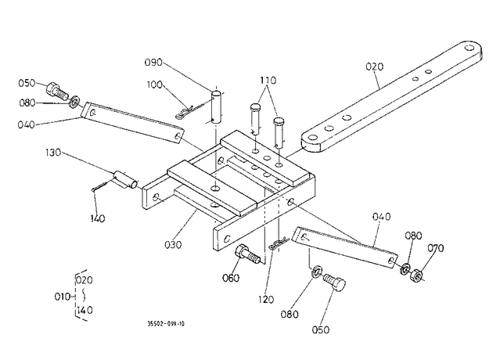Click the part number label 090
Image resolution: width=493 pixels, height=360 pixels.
[153, 63]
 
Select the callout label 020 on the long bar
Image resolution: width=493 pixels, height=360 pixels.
[375, 67]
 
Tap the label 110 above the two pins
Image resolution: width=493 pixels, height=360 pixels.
[268, 81]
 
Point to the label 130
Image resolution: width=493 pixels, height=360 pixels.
[53, 153]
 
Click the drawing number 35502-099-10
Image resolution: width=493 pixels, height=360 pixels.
[166, 324]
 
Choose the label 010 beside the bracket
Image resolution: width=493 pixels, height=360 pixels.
[63, 297]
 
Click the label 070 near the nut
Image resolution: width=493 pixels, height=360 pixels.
[435, 248]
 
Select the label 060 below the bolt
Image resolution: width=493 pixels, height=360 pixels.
[231, 278]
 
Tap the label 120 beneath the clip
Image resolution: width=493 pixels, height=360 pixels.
[266, 300]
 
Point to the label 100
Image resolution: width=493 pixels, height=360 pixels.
[155, 85]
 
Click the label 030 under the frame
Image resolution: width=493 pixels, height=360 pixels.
[173, 245]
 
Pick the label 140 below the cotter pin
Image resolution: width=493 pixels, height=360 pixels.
[97, 218]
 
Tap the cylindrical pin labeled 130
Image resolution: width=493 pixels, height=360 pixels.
[125, 179]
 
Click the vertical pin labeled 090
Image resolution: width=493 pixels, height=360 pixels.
[216, 107]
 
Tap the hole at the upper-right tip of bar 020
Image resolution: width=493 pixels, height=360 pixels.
[469, 48]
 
